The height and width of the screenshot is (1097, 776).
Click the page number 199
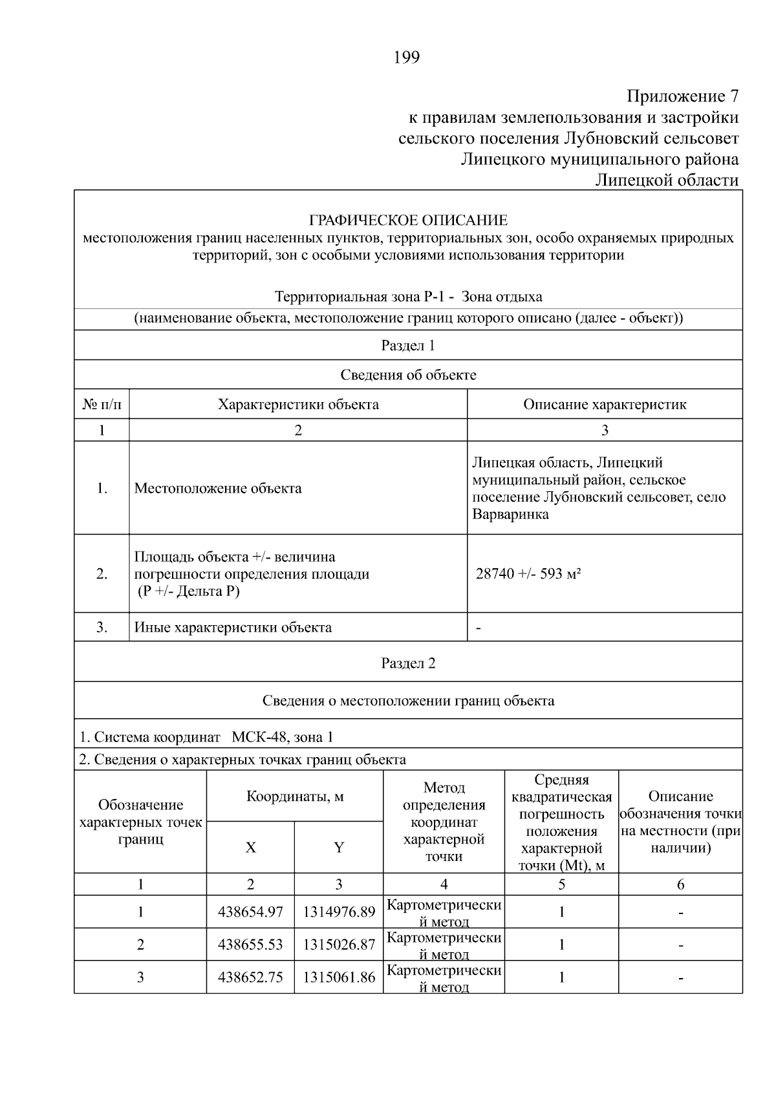click(x=407, y=58)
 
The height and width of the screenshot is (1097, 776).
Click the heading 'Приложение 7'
click(x=682, y=97)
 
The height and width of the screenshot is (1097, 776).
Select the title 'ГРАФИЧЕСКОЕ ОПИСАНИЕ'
click(x=408, y=220)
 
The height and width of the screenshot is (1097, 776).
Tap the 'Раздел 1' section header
click(x=408, y=345)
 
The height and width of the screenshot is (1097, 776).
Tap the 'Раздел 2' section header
click(x=408, y=663)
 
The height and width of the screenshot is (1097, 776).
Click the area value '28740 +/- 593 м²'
click(x=528, y=574)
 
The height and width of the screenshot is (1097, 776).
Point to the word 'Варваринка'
click(x=510, y=515)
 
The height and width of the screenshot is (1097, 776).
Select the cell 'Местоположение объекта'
click(x=218, y=488)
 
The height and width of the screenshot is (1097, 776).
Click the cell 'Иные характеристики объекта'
click(x=233, y=627)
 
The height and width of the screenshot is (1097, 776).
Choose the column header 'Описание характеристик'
click(x=605, y=405)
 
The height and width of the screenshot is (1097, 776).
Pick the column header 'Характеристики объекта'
click(x=298, y=405)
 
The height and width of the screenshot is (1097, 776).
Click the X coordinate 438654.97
click(x=250, y=912)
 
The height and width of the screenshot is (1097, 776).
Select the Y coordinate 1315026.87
click(x=339, y=944)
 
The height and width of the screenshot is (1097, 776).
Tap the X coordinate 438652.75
click(x=250, y=977)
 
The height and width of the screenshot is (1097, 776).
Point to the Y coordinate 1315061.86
click(x=339, y=977)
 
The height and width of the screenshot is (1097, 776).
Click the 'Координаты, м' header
click(x=295, y=796)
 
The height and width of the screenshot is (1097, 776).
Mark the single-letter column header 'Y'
click(x=339, y=847)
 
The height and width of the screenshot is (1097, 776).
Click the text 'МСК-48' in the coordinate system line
click(x=258, y=737)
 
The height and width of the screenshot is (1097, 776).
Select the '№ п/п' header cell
click(x=102, y=405)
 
